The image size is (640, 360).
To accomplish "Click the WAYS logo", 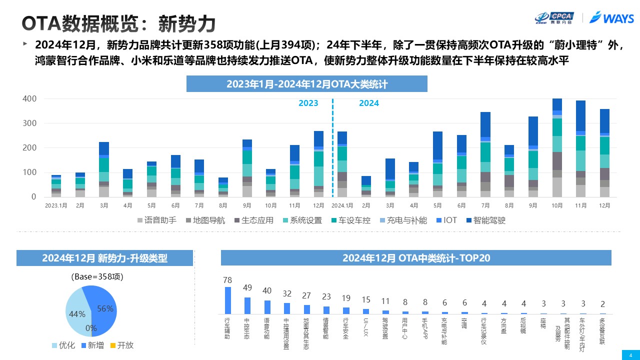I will [x=612, y=18].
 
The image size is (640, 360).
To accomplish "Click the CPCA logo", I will [x=554, y=18].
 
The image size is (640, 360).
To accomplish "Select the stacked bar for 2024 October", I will [x=557, y=147].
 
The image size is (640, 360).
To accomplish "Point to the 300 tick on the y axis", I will [x=30, y=123].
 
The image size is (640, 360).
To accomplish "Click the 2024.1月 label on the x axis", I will [x=342, y=205].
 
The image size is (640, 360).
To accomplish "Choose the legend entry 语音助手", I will [x=156, y=220].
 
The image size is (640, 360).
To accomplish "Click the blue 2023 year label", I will [x=308, y=103].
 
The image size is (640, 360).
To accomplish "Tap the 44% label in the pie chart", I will [x=77, y=314].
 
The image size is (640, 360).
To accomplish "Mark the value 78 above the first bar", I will [x=227, y=280].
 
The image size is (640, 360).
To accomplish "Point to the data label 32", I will [x=287, y=293].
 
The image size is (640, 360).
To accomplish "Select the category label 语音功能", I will [x=267, y=328].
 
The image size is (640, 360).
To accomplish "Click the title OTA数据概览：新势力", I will [x=119, y=23].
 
